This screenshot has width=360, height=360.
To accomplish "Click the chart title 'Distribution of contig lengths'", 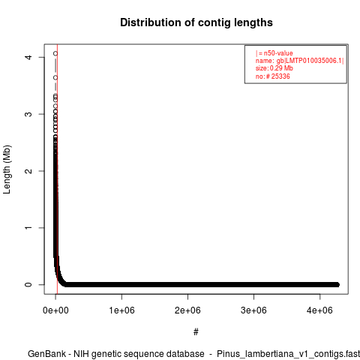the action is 196,22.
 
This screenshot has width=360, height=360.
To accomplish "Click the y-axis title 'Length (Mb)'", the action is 7,169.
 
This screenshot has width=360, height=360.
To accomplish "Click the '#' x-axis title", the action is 196,332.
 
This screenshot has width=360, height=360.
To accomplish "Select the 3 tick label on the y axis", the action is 29,114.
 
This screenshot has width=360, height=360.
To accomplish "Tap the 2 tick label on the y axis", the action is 29,171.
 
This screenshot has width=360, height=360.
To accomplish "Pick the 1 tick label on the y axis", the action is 29,228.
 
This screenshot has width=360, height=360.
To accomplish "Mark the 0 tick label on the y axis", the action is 29,284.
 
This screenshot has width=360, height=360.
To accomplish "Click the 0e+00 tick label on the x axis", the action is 55,310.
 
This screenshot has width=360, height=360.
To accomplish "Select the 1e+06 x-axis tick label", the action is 121,310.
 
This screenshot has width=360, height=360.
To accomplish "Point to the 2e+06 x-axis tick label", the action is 187,310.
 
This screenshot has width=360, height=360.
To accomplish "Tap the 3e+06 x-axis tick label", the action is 253,310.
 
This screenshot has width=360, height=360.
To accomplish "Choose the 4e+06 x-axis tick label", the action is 319,310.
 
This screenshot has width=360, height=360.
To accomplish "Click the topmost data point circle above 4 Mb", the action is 55,53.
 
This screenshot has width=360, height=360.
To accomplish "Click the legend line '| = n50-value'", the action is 274,53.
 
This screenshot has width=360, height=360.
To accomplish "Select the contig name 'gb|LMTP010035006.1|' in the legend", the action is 310,61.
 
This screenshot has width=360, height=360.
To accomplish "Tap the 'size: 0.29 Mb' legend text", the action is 274,68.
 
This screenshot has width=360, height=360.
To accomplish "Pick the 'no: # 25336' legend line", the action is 273,76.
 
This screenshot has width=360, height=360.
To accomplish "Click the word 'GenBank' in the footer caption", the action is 47,354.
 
